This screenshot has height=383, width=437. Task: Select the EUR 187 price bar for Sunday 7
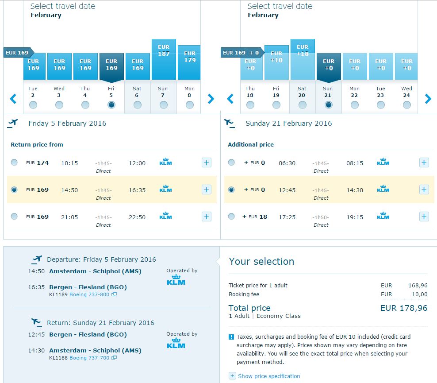pyautogui.click(x=164, y=59)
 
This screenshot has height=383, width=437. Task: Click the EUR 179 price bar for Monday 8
pyautogui.click(x=189, y=62)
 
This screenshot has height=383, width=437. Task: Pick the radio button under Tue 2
pyautogui.click(x=33, y=105)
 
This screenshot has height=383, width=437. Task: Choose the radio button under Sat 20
pyautogui.click(x=303, y=105)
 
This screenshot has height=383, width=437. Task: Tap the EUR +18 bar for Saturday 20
pyautogui.click(x=303, y=59)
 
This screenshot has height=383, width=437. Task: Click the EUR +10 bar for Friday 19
pyautogui.click(x=276, y=62)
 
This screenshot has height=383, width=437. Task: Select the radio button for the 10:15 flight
pyautogui.click(x=14, y=162)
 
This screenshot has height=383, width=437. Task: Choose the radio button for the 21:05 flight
pyautogui.click(x=14, y=217)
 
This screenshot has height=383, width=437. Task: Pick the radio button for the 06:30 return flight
pyautogui.click(x=231, y=162)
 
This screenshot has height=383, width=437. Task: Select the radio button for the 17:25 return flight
pyautogui.click(x=231, y=217)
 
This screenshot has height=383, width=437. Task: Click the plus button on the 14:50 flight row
pyautogui.click(x=206, y=190)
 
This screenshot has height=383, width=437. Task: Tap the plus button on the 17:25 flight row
pyautogui.click(x=424, y=217)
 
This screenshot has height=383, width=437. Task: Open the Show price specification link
pyautogui.click(x=269, y=376)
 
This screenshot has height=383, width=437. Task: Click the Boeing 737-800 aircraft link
pyautogui.click(x=89, y=294)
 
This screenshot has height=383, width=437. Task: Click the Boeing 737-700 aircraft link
pyautogui.click(x=89, y=358)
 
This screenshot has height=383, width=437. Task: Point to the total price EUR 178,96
pyautogui.click(x=404, y=308)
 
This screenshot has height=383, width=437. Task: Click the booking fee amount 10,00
pyautogui.click(x=419, y=294)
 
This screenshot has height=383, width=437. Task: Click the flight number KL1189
pyautogui.click(x=58, y=294)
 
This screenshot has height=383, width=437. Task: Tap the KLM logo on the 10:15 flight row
pyautogui.click(x=165, y=162)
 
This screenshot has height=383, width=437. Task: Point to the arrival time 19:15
pyautogui.click(x=355, y=217)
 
